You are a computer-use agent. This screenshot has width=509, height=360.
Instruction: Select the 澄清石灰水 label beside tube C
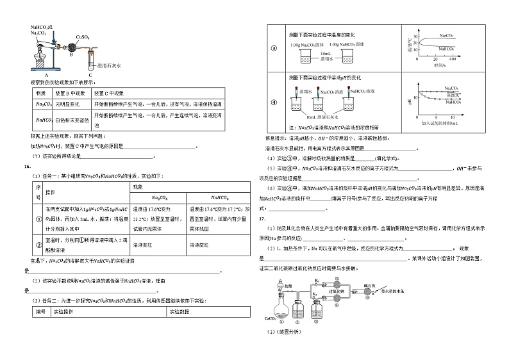click(x=109, y=65)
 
